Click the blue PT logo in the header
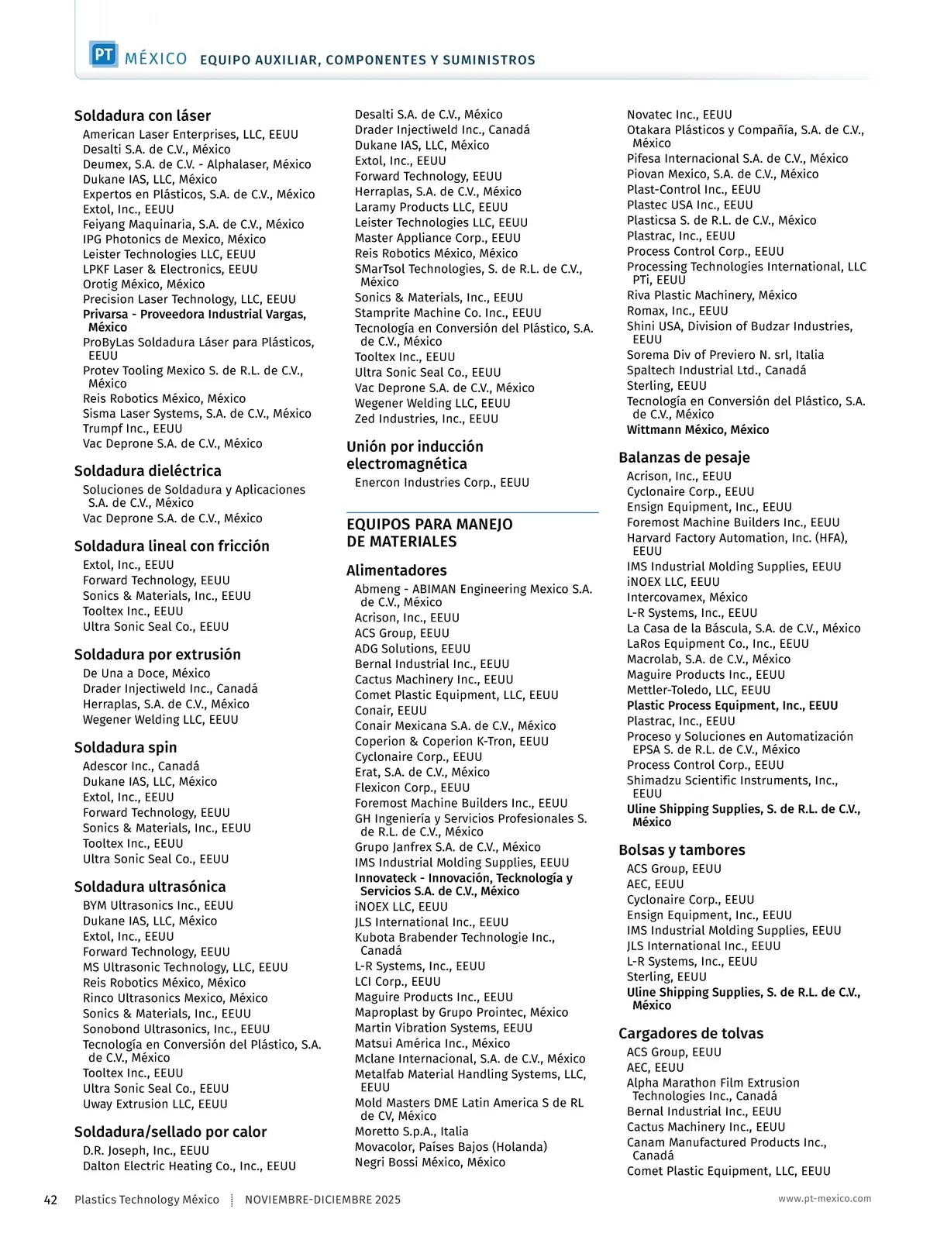click(x=103, y=55)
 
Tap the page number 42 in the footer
click(x=50, y=1200)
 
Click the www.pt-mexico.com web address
click(x=825, y=1198)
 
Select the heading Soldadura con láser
click(x=143, y=116)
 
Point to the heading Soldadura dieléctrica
click(x=148, y=471)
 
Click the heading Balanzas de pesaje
click(x=684, y=458)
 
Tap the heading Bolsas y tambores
click(x=681, y=850)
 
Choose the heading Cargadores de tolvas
click(x=691, y=1034)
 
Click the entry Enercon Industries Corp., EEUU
click(x=442, y=483)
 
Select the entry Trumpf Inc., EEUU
click(x=133, y=429)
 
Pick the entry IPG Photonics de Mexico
click(x=174, y=239)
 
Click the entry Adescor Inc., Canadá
click(x=141, y=766)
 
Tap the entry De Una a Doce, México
click(x=146, y=673)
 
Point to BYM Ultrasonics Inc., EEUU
click(x=158, y=906)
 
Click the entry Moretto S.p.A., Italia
click(x=412, y=1131)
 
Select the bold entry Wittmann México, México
click(x=697, y=430)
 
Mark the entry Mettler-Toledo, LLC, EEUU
click(x=698, y=691)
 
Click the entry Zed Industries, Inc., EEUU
click(x=426, y=419)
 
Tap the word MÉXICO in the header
click(x=156, y=59)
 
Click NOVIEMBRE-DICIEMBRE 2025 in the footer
click(x=322, y=1200)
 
